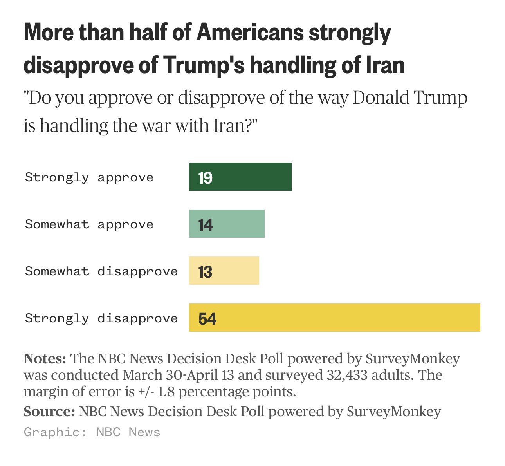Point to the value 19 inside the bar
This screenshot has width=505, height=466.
pyautogui.click(x=205, y=178)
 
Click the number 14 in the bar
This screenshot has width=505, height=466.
pyautogui.click(x=205, y=225)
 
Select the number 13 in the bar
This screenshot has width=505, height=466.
pyautogui.click(x=205, y=272)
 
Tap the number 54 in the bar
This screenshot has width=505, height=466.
pyautogui.click(x=207, y=319)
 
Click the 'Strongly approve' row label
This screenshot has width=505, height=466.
pyautogui.click(x=89, y=177)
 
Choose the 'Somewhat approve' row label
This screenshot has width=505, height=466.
pyautogui.click(x=89, y=224)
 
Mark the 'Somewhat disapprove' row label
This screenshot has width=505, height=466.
pyautogui.click(x=101, y=271)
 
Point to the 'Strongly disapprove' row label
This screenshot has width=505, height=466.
pyautogui.click(x=101, y=318)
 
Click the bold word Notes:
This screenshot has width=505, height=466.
pyautogui.click(x=45, y=359)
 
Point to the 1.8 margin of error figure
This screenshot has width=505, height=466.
pyautogui.click(x=166, y=392)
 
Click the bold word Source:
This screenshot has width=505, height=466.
pyautogui.click(x=49, y=412)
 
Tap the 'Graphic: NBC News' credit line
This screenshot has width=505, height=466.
pyautogui.click(x=92, y=432)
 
